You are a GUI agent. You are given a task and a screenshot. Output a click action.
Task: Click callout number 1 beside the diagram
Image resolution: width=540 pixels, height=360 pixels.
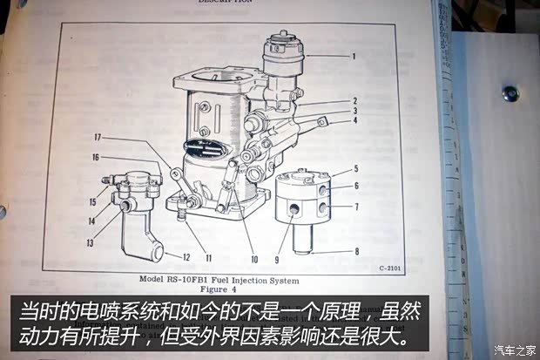(x=354, y=56)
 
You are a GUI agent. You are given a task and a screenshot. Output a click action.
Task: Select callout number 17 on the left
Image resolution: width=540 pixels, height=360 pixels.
(x=98, y=137)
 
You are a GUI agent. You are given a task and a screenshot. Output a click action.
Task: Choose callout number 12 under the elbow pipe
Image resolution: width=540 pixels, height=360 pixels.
(x=186, y=257)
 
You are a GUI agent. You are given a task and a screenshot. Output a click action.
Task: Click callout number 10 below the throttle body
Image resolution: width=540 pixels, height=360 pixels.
(x=254, y=259)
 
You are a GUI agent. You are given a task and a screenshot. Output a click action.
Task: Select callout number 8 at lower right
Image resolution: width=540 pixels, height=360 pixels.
(x=355, y=251)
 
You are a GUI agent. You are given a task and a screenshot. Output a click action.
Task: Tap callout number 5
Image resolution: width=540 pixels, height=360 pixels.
(x=355, y=171)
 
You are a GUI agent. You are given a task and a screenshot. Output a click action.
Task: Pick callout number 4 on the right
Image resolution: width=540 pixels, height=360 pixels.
(x=355, y=120)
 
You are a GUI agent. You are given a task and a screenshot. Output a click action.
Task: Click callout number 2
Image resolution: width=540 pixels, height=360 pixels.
(x=355, y=100)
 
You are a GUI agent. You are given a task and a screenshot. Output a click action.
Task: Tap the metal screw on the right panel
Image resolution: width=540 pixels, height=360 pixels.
(x=510, y=92)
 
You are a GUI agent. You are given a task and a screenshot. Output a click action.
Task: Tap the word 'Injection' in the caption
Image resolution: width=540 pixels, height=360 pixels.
(x=253, y=281)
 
